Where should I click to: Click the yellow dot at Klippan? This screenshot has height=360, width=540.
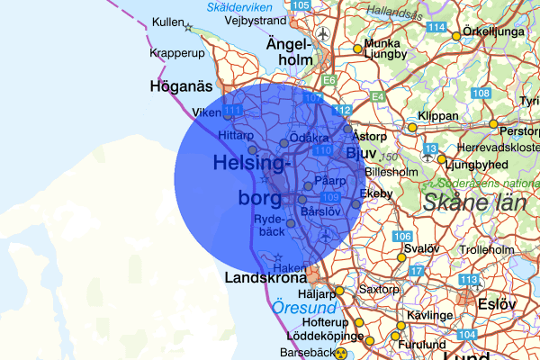(413, 128)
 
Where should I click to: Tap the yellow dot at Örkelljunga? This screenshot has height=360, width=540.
(456, 36)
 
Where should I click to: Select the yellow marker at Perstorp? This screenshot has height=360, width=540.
(493, 123)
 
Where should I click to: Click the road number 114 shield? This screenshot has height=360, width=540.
(437, 28)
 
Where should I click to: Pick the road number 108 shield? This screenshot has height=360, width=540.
(481, 94)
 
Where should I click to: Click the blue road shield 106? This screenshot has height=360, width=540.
(402, 237)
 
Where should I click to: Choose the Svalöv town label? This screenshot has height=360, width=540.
(421, 248)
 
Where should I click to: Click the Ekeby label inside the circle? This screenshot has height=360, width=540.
(375, 193)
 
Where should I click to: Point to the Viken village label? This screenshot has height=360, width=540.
(207, 112)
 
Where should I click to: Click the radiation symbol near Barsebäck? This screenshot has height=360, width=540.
(341, 354)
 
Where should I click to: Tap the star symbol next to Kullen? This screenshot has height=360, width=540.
(188, 27)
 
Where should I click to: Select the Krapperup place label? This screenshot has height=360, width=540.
(179, 54)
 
